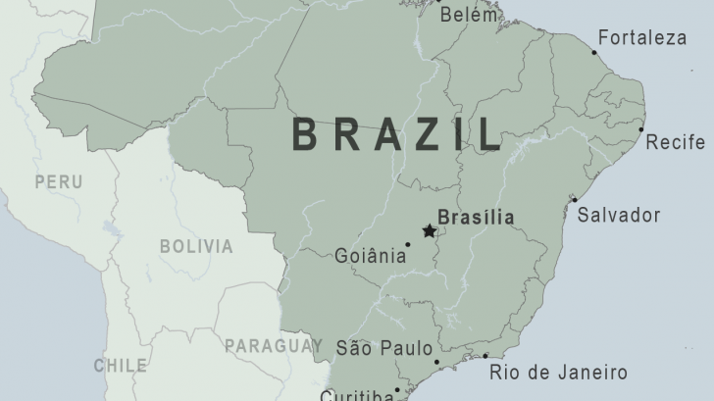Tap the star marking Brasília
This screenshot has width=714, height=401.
(429, 231)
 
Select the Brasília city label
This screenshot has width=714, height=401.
(476, 218)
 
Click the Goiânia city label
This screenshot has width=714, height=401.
(370, 256)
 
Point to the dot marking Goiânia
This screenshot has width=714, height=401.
(408, 244)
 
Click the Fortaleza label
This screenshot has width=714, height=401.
(641, 38)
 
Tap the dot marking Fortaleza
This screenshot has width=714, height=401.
(593, 52)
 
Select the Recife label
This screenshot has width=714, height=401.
(675, 142)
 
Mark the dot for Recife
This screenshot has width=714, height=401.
(641, 129)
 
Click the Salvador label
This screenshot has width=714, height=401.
(619, 216)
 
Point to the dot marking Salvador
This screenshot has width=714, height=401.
(575, 200)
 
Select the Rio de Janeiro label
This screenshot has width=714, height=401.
(558, 372)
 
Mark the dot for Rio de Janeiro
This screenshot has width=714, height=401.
(484, 356)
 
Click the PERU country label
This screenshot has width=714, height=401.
(58, 182)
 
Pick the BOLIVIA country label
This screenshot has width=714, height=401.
(196, 246)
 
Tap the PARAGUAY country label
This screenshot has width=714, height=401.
(273, 345)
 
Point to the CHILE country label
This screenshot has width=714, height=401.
(120, 366)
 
